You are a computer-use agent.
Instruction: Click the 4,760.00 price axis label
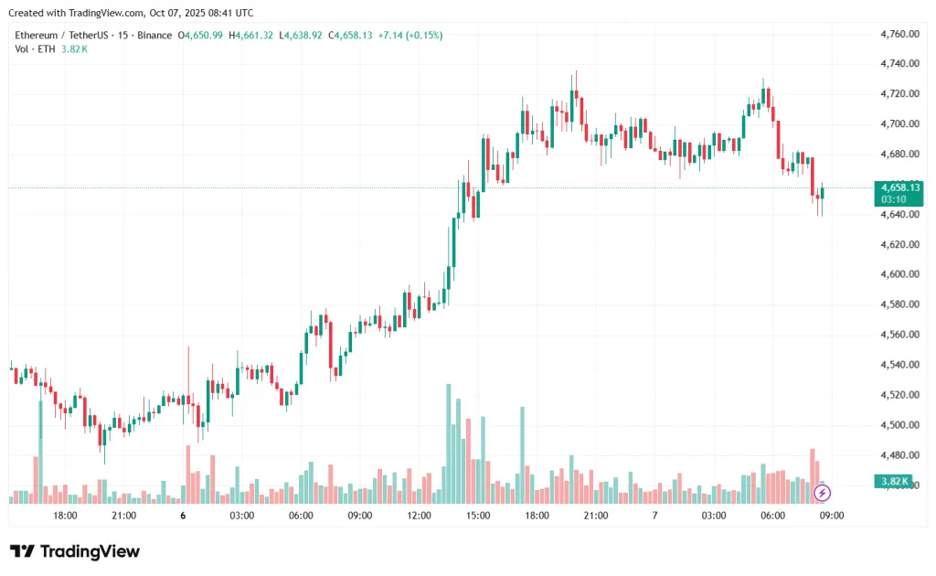point(899,34)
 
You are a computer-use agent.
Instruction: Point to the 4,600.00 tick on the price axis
point(899,274)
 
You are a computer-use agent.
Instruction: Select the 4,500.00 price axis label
point(899,425)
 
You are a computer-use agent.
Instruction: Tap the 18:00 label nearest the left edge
point(65,516)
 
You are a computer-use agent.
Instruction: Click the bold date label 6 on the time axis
point(183,516)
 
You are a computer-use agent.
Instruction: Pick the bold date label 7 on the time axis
point(654,516)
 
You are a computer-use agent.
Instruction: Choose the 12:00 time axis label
point(419,516)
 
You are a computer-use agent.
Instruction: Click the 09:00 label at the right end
point(832,516)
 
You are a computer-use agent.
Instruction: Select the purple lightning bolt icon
point(822,494)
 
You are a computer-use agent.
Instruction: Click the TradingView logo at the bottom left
point(75,551)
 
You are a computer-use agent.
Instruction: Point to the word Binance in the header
point(154,35)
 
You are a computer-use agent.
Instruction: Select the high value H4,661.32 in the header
point(251,35)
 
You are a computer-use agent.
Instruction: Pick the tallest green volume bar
point(449,443)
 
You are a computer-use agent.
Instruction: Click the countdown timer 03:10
point(893,198)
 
